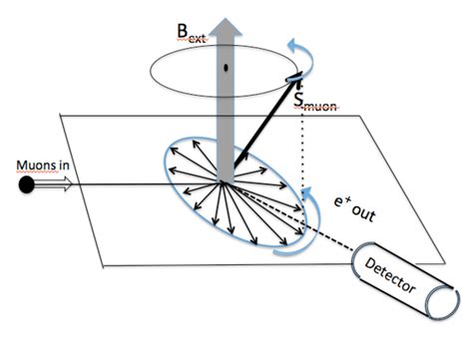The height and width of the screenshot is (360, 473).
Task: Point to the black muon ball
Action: (x=26, y=184)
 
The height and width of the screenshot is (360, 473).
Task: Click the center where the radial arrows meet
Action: (x=231, y=183)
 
